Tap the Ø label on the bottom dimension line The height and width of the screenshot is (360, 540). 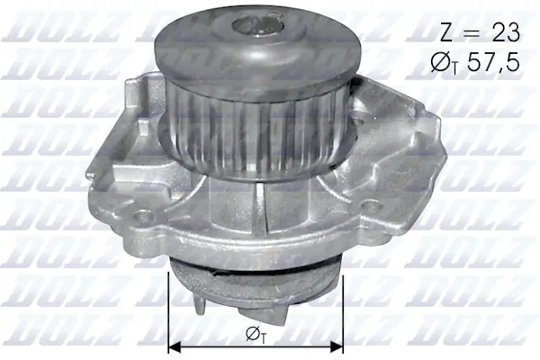255,335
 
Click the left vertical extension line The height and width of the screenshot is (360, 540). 169,310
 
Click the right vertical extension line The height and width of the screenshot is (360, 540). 344,310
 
